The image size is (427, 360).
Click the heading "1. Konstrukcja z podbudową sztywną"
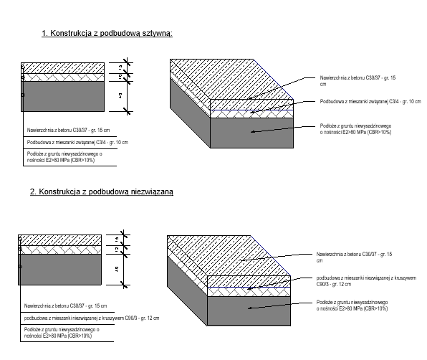click(107, 34)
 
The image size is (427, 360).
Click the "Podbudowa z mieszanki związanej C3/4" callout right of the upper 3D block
click(370, 103)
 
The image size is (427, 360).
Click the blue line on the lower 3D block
click(248, 287)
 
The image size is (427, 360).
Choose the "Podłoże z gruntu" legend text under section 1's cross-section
click(64, 157)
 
